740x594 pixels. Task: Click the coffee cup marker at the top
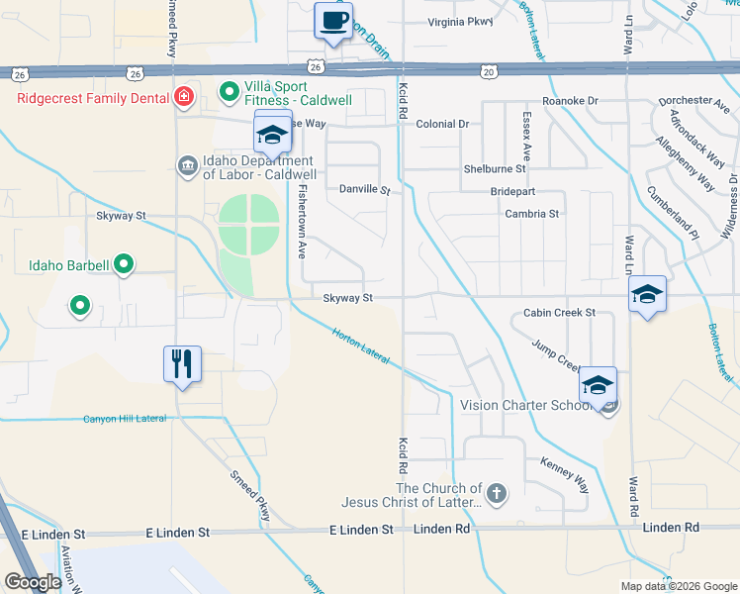333,20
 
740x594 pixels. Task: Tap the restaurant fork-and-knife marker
182,363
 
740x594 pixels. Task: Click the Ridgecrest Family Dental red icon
183,96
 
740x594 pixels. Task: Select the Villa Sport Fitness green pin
230,93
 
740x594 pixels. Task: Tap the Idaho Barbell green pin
123,264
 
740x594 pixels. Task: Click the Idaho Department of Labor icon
187,164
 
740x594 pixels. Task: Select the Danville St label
365,189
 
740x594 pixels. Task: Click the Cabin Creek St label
559,313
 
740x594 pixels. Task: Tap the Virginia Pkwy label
460,22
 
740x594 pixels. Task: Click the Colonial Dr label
442,125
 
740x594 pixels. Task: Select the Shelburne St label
495,169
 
